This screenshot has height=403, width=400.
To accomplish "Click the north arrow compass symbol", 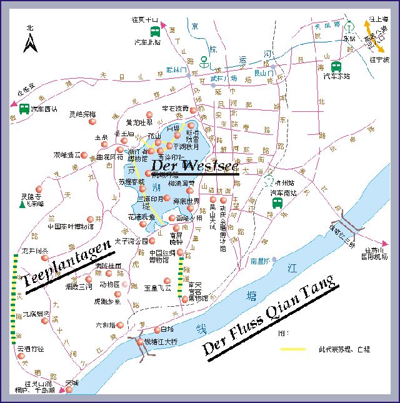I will coord(29,42).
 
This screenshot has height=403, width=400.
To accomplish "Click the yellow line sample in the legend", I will coord(297,349).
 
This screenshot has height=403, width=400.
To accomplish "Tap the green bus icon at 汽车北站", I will coord(154,32).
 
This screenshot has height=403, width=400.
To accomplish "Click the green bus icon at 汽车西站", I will coord(24,109).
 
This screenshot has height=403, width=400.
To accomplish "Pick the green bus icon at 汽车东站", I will coord(336,67).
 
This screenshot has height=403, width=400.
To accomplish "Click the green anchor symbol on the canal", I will coord(204,61).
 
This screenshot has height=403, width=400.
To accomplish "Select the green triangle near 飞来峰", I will coord(23,204).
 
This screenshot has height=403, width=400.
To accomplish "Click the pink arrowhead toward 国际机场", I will coord(388,243).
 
